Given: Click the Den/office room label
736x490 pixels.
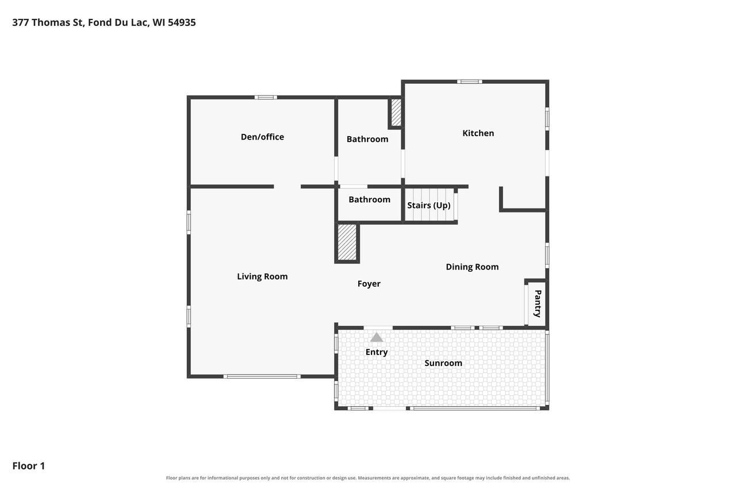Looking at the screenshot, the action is tap(262, 137).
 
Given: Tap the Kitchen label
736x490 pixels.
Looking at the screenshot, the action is tap(478, 133).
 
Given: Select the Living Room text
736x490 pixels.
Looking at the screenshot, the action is tap(262, 277).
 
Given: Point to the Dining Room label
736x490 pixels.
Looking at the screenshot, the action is tap(472, 267).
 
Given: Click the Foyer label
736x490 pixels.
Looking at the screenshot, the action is tap(369, 284).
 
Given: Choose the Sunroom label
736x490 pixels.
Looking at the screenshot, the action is tap(443, 363).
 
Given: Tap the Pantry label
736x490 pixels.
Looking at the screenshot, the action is tap(538, 303).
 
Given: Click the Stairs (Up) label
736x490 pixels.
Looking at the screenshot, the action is tap(429, 206).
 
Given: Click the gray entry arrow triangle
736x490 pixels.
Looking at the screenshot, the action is tap(377, 337).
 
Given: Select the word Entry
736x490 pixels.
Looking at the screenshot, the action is tap(377, 352).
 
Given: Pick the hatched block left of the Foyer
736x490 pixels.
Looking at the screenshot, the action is tap(347, 242).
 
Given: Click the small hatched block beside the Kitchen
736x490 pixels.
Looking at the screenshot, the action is tap(396, 112).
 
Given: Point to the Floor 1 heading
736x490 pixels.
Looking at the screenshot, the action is tap(29, 466).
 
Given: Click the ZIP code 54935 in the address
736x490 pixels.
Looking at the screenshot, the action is tap(182, 22).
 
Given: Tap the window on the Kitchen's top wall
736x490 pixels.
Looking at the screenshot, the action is tap(470, 82).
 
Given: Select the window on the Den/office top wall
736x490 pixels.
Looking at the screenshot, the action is tap(266, 98).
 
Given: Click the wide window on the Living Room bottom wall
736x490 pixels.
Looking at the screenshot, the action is tap(262, 376).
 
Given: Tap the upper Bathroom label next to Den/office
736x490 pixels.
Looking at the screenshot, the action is tap(367, 139).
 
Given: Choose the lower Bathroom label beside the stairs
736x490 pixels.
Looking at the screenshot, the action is tap(369, 199).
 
